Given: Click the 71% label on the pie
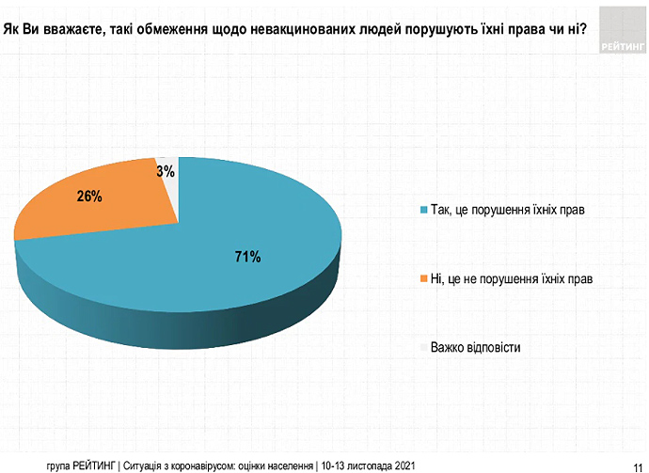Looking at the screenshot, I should pos(247,257).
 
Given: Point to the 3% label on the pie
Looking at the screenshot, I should pos(166,171).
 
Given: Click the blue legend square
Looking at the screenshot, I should pos(423,209).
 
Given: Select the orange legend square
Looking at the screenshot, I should pos(423,278).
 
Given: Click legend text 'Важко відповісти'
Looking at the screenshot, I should pos(475,347).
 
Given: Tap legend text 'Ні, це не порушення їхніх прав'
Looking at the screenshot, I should pos(512,278).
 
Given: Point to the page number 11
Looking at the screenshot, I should pos(637,459).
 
